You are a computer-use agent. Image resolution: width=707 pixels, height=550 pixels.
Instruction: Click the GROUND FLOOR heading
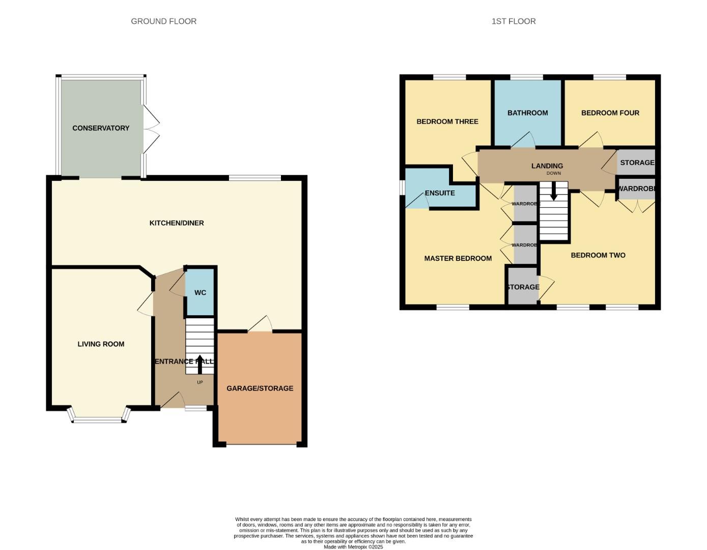coord(163,21)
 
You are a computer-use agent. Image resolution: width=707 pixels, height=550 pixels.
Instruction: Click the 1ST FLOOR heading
coord(513,21)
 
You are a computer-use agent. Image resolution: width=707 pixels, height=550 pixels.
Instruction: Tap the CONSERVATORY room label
coord(101,128)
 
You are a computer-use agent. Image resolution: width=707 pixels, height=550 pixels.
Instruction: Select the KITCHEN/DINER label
coord(177,223)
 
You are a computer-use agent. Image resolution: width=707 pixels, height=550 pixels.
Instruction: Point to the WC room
coord(200,292)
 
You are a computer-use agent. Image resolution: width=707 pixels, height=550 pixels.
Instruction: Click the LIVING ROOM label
coord(101,344)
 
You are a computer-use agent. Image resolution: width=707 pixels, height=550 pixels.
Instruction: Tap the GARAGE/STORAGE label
coord(260,389)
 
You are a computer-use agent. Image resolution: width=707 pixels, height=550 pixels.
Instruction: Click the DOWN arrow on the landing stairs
coord(554,193)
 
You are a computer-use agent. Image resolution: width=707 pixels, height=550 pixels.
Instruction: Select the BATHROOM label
coord(527,113)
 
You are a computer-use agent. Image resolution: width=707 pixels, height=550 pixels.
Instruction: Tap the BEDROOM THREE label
coord(447,122)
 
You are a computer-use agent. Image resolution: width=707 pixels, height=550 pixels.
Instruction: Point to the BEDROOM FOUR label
coord(610,113)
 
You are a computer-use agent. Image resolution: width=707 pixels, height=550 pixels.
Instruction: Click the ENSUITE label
coord(440,193)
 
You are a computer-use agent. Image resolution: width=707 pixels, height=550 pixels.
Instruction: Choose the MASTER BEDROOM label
coord(458,259)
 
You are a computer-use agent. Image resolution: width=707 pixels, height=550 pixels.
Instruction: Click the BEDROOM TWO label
coord(598,256)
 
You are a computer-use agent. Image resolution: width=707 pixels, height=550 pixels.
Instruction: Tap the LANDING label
coord(547,166)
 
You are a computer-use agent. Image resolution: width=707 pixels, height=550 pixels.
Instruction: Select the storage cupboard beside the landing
coord(636,162)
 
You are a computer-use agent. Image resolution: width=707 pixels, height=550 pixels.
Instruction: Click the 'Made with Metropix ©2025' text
coord(353,547)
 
